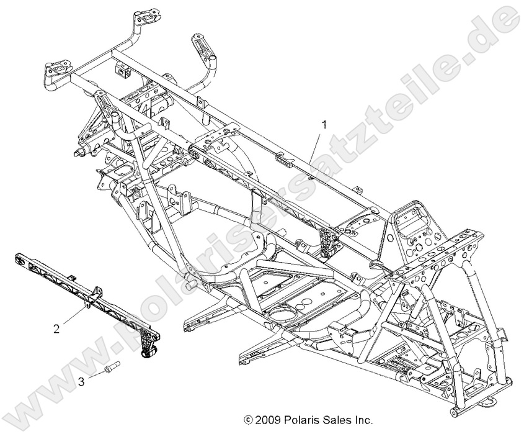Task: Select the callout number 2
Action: tap(56, 328)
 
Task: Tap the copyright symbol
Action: tap(249, 419)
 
